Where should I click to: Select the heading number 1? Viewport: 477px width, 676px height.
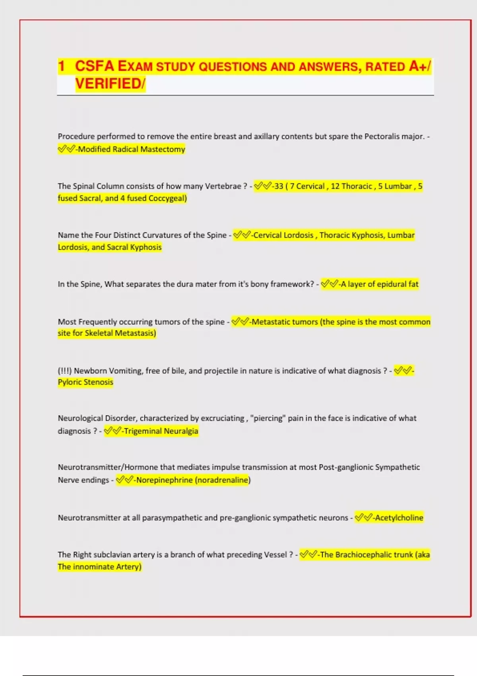pyautogui.click(x=61, y=66)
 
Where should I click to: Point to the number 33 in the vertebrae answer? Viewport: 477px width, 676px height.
pyautogui.click(x=279, y=186)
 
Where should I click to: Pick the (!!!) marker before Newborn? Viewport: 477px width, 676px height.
pyautogui.click(x=64, y=371)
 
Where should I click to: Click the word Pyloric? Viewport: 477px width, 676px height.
pyautogui.click(x=72, y=382)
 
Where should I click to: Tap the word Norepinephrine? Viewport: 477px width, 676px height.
pyautogui.click(x=164, y=480)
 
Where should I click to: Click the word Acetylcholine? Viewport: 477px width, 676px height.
pyautogui.click(x=399, y=518)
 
